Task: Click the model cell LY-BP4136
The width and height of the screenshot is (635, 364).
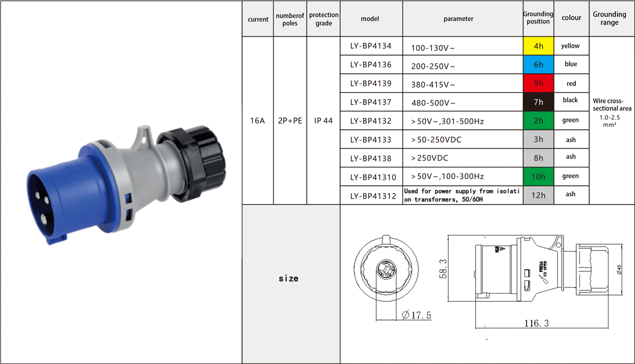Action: click(x=370, y=65)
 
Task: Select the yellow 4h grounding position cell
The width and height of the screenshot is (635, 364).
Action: click(x=538, y=46)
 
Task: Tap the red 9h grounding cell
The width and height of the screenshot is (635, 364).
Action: click(x=538, y=83)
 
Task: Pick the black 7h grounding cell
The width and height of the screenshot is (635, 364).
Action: click(x=538, y=102)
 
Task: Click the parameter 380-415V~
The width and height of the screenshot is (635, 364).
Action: click(x=433, y=85)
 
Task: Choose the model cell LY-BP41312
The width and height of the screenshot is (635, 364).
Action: click(x=373, y=196)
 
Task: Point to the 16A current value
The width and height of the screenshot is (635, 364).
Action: click(x=257, y=121)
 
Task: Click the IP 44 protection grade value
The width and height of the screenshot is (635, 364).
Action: click(x=323, y=121)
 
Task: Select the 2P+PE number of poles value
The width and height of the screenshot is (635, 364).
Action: click(x=290, y=121)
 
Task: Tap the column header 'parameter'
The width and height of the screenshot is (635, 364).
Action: click(x=458, y=19)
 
